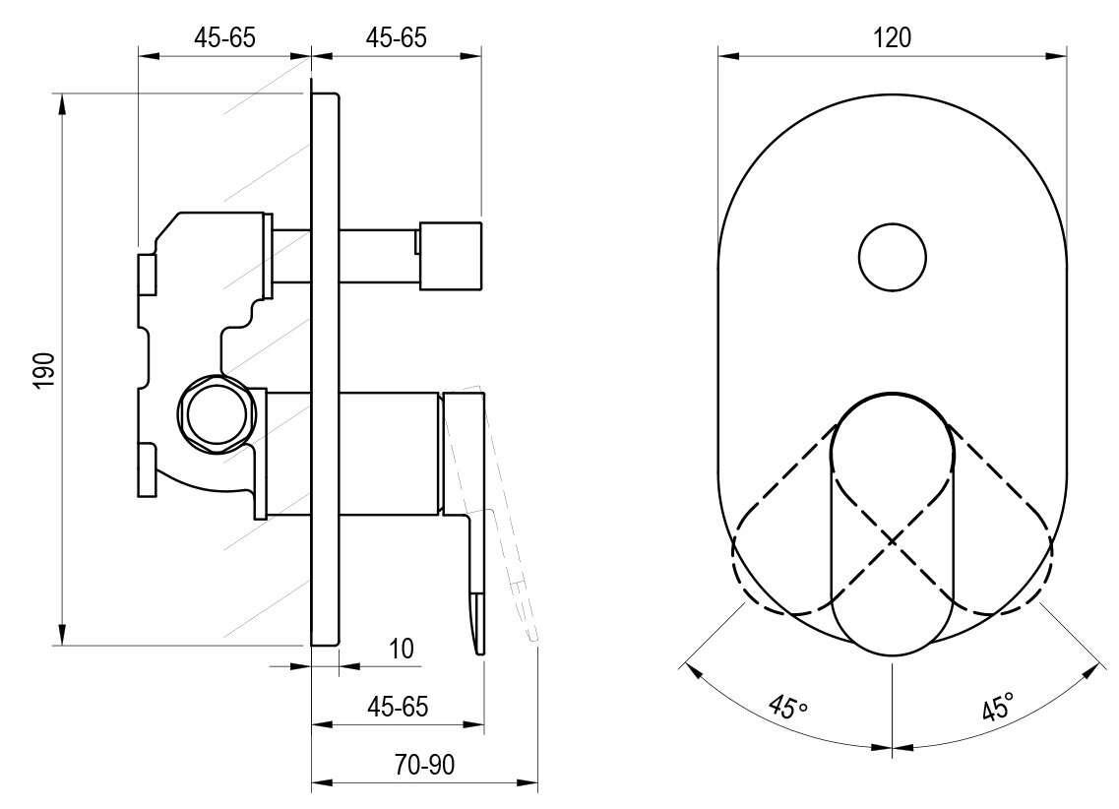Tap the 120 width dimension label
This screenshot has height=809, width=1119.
click(x=892, y=38)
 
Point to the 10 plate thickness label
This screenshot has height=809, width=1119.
click(x=401, y=650)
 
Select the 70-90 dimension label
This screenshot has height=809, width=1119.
click(x=423, y=764)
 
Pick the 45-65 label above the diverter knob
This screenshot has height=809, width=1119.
click(x=396, y=38)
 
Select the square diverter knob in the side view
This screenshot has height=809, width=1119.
click(x=451, y=256)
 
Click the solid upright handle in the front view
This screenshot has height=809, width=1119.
click(x=892, y=522)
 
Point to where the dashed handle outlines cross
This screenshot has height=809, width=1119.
click(x=892, y=538)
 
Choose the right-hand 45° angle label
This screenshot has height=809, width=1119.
click(x=996, y=707)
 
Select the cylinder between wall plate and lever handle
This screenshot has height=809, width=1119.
click(x=389, y=453)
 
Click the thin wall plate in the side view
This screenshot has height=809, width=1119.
click(x=324, y=369)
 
